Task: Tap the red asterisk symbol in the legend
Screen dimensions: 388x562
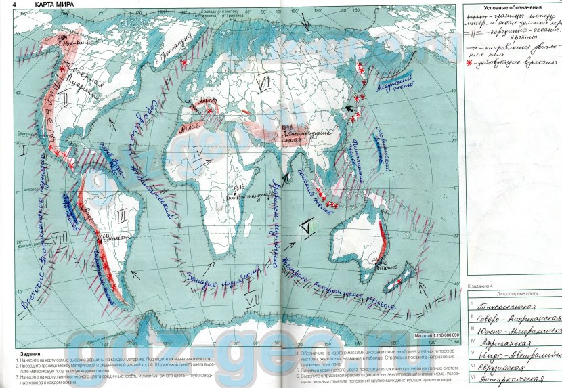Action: pyautogui.click(x=470, y=62)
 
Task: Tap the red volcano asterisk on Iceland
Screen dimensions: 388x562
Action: pyautogui.click(x=183, y=62)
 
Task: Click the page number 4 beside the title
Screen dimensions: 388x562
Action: pyautogui.click(x=5, y=6)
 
